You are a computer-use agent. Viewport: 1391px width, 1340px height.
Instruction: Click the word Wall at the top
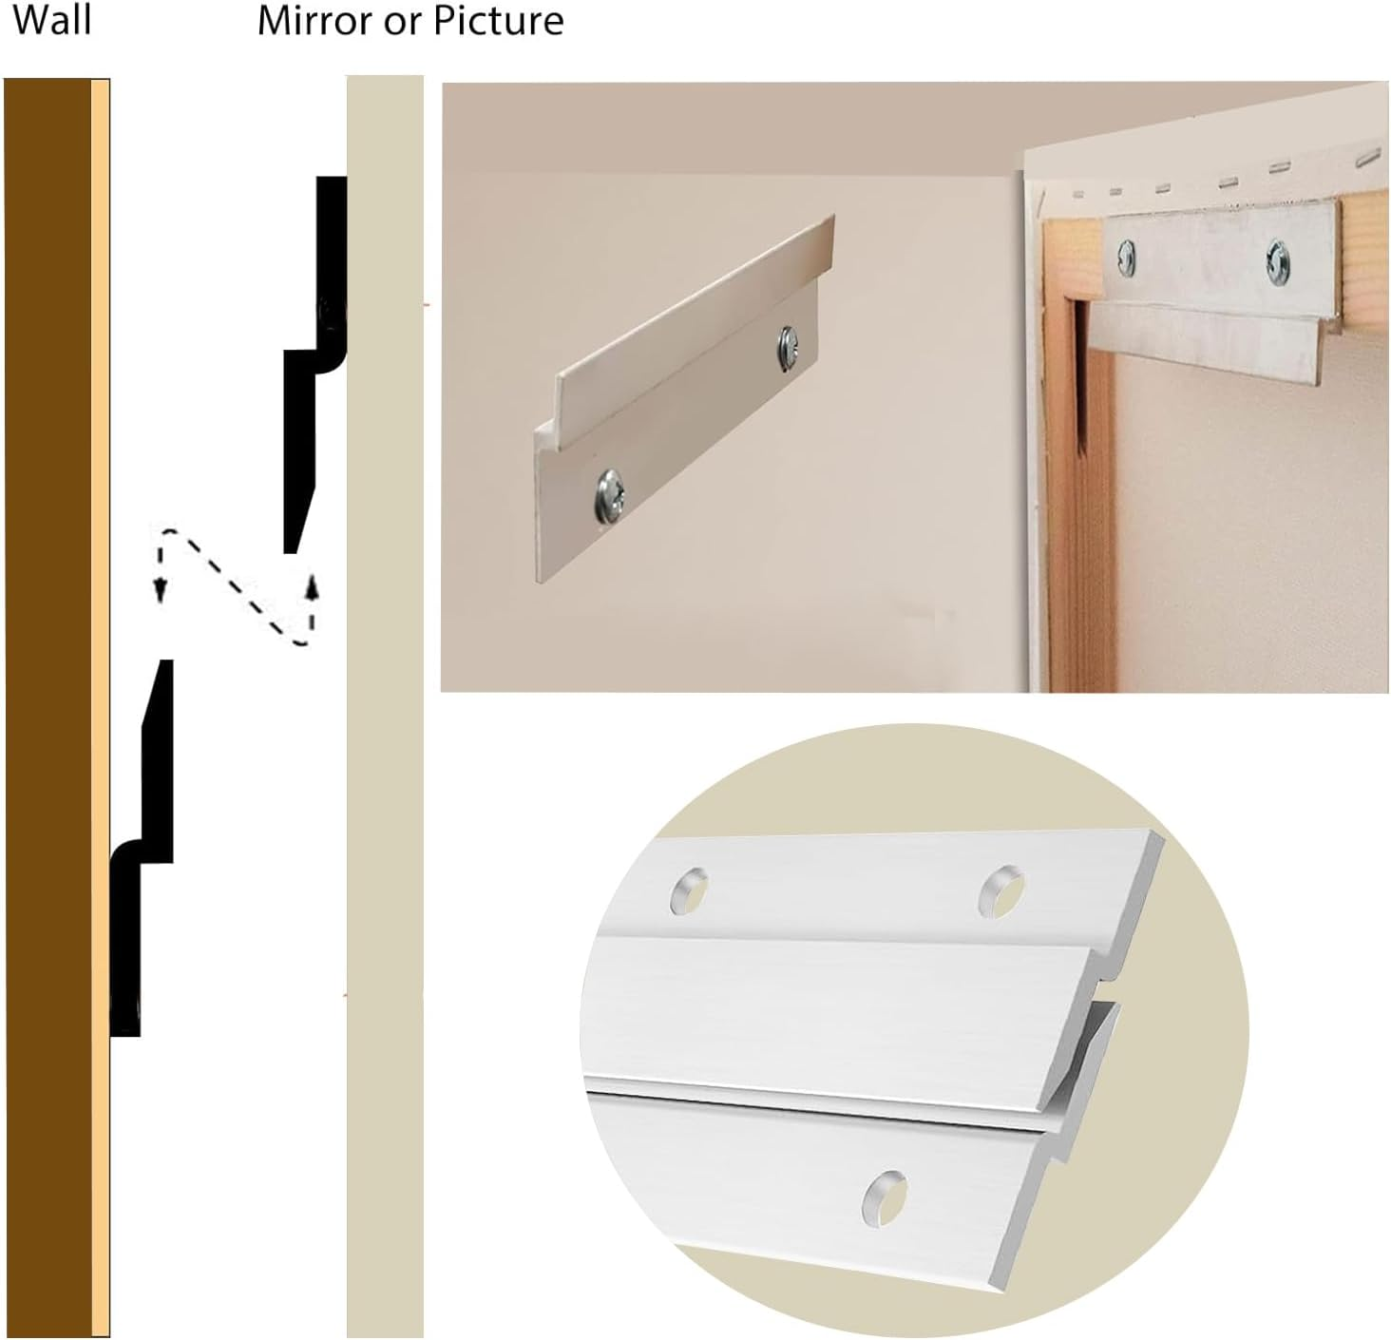52,19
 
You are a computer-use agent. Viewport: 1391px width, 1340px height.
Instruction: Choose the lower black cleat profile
143,855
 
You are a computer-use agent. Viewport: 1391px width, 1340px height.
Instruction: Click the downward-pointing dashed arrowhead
161,590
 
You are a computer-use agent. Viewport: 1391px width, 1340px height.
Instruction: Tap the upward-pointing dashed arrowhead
310,582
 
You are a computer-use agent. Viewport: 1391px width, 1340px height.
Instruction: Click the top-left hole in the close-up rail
691,890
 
